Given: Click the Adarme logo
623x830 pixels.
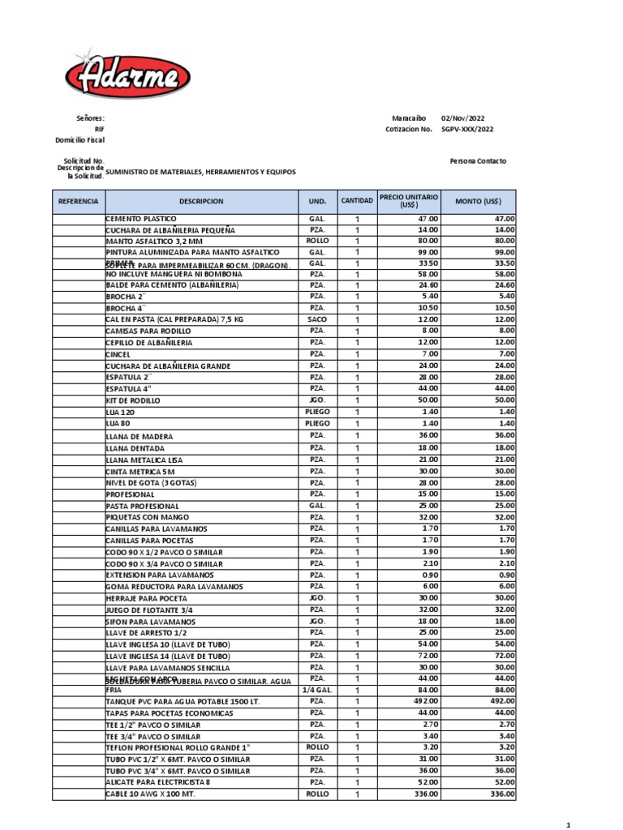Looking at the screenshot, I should (128, 78).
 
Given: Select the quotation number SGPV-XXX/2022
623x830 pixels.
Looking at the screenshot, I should (466, 129).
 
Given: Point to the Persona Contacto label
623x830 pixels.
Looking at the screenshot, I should (478, 161).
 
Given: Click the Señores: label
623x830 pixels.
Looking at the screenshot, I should (90, 118).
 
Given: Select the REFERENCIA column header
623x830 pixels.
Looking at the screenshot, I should (78, 200).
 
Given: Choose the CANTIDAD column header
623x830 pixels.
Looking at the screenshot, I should (357, 200).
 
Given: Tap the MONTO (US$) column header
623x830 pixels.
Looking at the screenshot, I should (478, 200).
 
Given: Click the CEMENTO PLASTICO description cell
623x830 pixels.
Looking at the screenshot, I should (140, 220).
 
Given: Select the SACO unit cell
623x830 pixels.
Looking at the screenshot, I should (316, 320).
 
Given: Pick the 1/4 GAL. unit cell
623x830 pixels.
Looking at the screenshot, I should (316, 690).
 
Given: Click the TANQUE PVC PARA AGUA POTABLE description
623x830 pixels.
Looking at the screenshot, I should (183, 701).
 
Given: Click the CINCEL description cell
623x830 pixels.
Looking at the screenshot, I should (118, 355).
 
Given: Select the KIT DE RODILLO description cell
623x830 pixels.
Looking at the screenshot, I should (133, 400).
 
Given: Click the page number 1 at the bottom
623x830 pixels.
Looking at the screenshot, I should (569, 824).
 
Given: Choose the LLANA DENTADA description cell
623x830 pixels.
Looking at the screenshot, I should (135, 448).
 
